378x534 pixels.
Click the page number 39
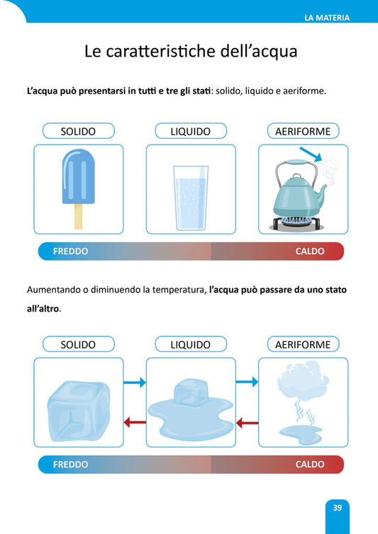point(337,508)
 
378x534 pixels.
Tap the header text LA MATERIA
point(327,18)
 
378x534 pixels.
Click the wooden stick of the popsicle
point(78,217)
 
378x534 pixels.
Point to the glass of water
point(191,198)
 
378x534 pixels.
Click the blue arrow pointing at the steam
point(311,154)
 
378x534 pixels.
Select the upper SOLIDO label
point(79,131)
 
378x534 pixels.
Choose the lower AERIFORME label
point(303,344)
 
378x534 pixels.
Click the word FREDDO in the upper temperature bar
point(71,251)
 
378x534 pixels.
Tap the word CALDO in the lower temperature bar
point(310,465)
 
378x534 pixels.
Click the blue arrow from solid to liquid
point(135,382)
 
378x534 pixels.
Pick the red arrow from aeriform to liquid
point(247,424)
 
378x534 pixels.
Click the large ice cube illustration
point(79,410)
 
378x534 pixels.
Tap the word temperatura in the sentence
point(179,290)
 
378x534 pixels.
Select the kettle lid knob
point(296,177)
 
